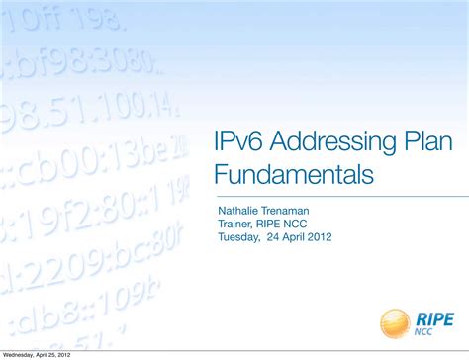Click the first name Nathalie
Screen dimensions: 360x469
pos(238,210)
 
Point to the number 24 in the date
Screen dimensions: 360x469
pos(273,237)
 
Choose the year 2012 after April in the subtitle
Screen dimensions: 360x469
pos(320,237)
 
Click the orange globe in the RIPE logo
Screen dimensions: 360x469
pos(395,322)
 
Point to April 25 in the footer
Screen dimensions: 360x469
pos(53,354)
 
